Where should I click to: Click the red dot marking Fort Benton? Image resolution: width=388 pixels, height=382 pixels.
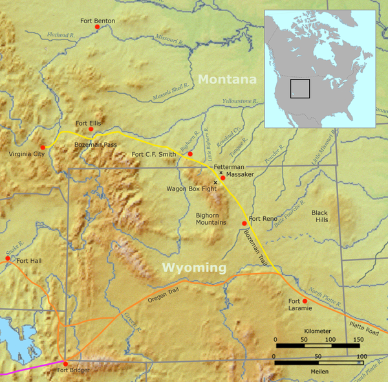coord(98,27)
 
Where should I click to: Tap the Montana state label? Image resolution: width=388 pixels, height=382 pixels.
coord(227,80)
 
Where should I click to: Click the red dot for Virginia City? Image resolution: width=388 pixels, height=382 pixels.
coord(43,148)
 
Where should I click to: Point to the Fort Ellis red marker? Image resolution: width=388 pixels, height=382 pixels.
coord(91,129)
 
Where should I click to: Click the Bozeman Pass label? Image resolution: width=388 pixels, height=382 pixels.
coord(95,145)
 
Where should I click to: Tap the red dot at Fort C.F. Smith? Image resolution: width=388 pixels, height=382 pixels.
coord(190,154)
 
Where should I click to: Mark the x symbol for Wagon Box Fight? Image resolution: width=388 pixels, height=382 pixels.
coord(215,183)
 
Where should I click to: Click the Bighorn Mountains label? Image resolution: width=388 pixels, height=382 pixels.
coord(211,218)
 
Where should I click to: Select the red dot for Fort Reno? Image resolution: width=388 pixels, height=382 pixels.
coord(244,223)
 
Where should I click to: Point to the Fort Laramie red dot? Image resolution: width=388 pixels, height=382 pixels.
coord(305,301)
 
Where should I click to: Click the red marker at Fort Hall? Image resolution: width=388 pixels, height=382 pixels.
coord(8,258)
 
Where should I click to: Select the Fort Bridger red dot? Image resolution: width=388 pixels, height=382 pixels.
coord(65,363)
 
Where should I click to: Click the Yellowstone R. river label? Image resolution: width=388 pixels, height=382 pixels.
coord(240,102)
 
